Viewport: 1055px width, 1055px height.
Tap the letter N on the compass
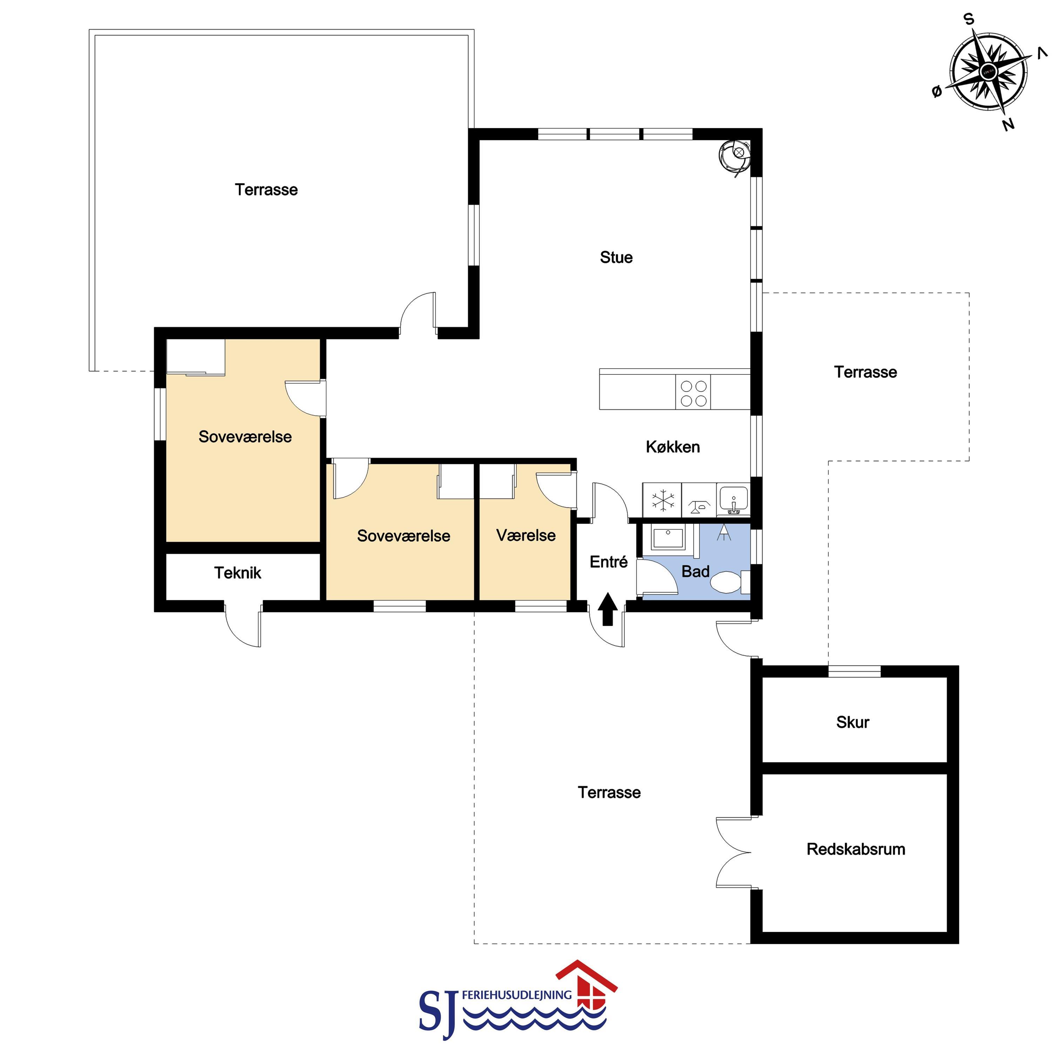click(1008, 124)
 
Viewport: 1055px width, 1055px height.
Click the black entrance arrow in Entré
click(608, 609)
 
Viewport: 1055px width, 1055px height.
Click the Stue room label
click(616, 257)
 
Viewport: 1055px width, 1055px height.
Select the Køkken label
click(673, 447)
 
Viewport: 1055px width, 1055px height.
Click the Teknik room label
click(237, 573)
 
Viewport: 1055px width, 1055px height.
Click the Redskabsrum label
click(856, 849)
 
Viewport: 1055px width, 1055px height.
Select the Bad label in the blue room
click(695, 572)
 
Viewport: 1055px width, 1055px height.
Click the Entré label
click(608, 562)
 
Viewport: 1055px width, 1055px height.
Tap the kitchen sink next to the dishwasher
click(733, 500)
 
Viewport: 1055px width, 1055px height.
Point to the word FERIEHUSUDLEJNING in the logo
click(516, 995)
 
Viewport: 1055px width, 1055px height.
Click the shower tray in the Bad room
click(667, 539)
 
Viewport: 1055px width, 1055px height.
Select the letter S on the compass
click(969, 20)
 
